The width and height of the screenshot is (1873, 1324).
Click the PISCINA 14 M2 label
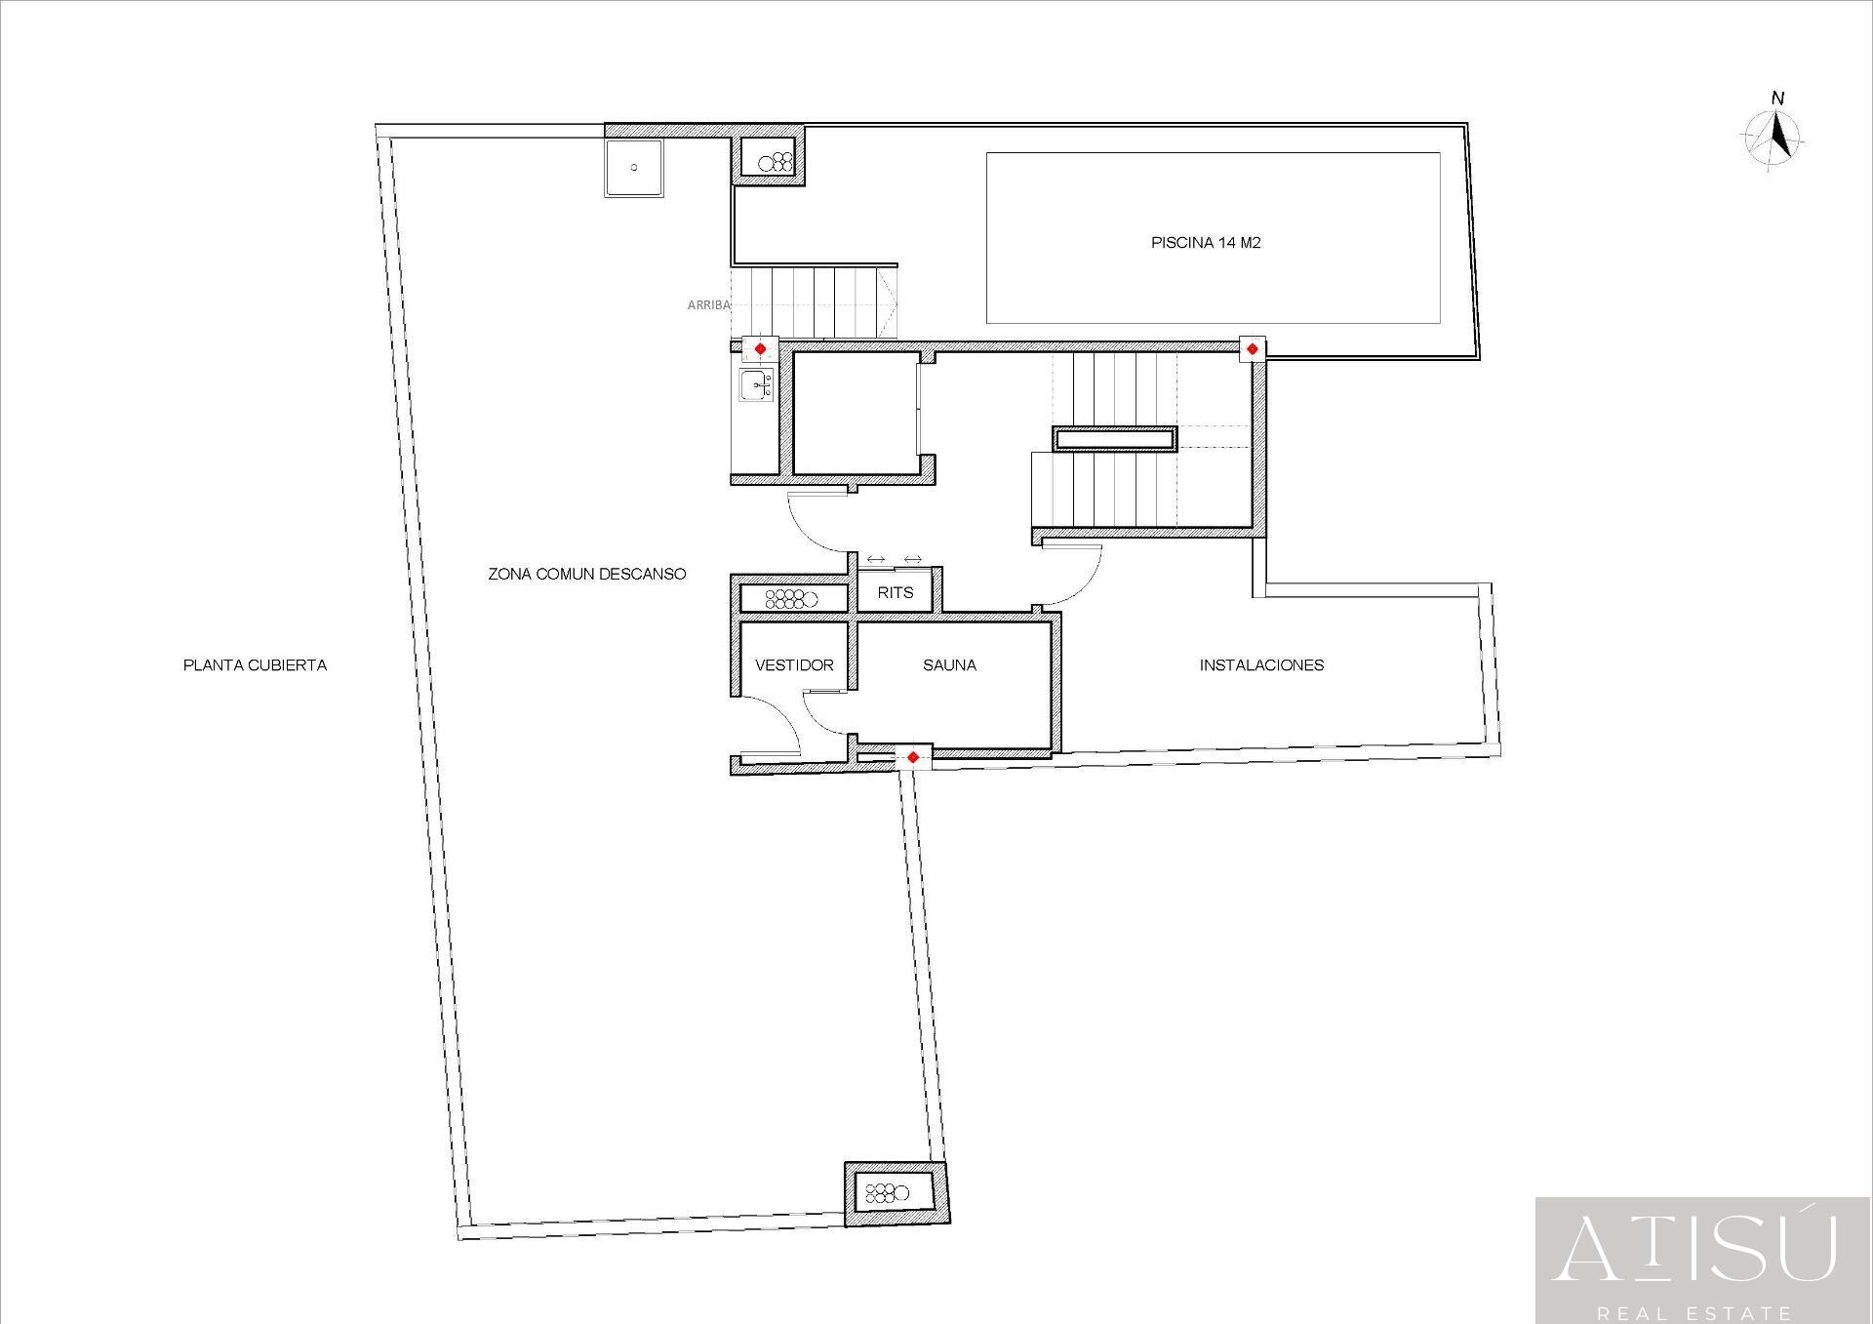[x=1206, y=243]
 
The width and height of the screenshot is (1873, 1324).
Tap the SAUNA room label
[x=949, y=665]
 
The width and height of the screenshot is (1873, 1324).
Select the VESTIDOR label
[x=794, y=665]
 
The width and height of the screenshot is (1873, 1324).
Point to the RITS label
[x=895, y=592]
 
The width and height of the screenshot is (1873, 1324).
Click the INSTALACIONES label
[x=1261, y=665]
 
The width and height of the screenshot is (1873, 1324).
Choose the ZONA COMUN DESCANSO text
[x=586, y=574]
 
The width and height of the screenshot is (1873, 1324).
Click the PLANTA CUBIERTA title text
[x=255, y=665]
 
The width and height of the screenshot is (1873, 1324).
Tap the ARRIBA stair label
[x=708, y=305]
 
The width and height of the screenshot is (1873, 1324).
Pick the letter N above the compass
[x=1777, y=99]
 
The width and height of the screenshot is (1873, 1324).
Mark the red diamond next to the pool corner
[x=1252, y=348]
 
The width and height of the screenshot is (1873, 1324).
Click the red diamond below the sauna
[x=912, y=757]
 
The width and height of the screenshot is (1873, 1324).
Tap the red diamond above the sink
[x=760, y=348]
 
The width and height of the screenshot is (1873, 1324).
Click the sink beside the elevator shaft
[x=756, y=386]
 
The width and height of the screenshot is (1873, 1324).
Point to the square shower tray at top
[x=633, y=168]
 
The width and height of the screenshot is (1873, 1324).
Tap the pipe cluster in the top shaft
[x=777, y=162]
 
